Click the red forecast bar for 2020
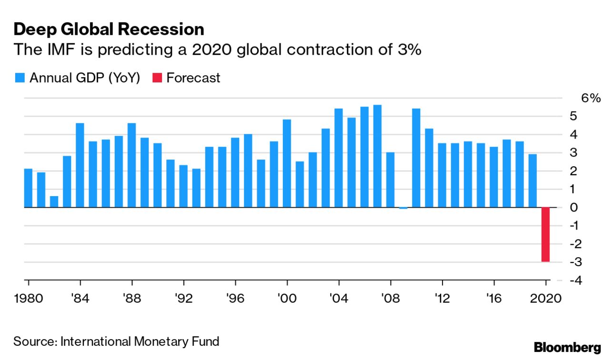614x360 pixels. [545, 234]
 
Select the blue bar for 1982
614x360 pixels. [54, 202]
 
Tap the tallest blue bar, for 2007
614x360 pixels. [377, 156]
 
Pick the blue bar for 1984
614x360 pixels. [80, 165]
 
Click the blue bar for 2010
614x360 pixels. [416, 158]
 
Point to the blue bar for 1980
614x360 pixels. [28, 188]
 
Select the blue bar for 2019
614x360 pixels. [533, 181]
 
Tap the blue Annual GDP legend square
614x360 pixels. [20, 78]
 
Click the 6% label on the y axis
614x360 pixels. [591, 98]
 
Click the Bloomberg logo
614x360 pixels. [567, 347]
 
